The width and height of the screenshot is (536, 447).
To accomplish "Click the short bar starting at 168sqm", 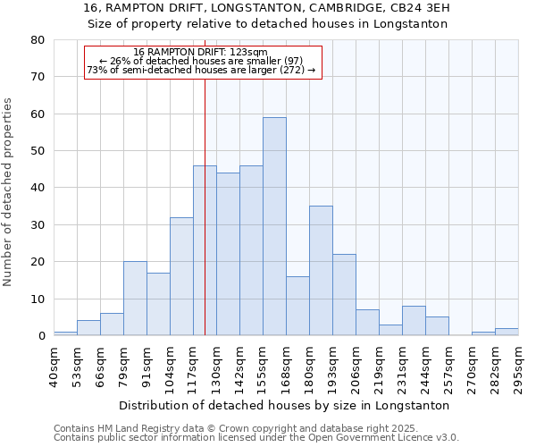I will click(297, 306).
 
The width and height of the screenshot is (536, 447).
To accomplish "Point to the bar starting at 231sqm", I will click(414, 321).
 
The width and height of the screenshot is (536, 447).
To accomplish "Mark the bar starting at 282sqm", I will click(507, 332).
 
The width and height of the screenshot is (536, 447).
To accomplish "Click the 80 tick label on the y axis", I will click(37, 40).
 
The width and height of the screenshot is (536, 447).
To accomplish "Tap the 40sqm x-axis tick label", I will click(54, 367).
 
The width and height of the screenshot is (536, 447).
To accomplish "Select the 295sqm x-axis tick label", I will click(518, 367).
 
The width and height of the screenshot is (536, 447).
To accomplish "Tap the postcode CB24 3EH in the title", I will click(419, 8).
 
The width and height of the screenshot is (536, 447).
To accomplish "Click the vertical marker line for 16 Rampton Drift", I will click(205, 223).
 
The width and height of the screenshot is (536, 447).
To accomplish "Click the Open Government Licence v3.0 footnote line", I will click(256, 438).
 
